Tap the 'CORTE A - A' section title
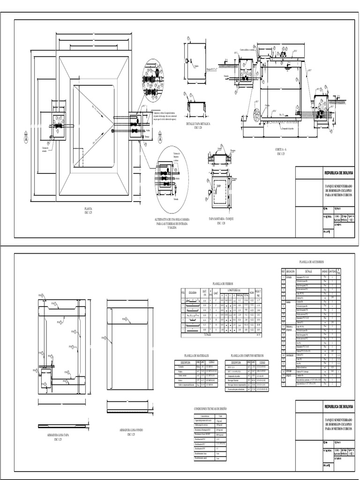281,150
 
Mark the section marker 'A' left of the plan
25,138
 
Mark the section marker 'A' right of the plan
160,138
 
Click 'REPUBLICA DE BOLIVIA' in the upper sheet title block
338,173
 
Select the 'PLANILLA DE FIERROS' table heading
222,284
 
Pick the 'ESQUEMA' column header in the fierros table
192,292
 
